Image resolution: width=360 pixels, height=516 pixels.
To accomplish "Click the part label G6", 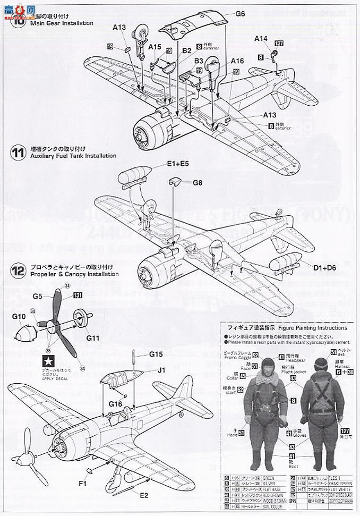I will (x=240, y=14).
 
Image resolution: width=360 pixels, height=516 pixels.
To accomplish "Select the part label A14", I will (x=261, y=38).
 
